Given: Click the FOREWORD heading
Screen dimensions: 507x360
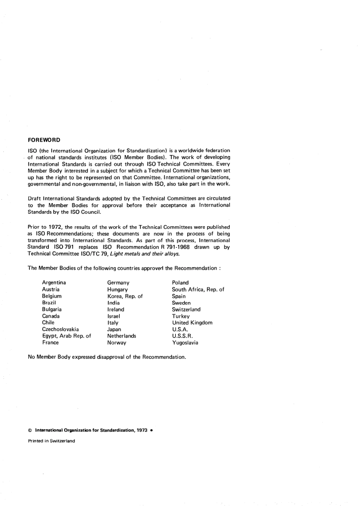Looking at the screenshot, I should click(x=44, y=140).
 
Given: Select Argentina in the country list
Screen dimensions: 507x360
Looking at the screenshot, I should click(x=54, y=283).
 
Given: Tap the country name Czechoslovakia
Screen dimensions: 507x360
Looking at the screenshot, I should click(x=61, y=329).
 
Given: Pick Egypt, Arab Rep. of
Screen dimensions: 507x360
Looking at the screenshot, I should click(x=67, y=336).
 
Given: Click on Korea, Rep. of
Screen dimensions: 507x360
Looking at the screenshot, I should click(x=125, y=296).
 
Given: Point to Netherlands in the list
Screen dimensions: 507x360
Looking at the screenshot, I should click(x=122, y=336).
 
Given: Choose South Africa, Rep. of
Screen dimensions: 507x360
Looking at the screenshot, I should click(x=198, y=289).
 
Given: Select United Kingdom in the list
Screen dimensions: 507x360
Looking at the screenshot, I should click(x=192, y=323).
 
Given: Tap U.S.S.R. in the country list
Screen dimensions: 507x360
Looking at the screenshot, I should click(x=183, y=336).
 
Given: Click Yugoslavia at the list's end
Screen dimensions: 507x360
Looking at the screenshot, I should click(x=185, y=343).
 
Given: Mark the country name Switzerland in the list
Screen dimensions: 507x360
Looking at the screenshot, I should click(x=186, y=310).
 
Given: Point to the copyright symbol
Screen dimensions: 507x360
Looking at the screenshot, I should click(x=30, y=430).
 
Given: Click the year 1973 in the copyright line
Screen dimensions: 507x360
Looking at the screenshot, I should click(x=142, y=430).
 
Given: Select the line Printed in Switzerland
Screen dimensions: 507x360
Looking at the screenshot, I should click(x=52, y=441).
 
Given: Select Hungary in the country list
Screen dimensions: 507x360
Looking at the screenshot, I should click(x=117, y=289).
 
